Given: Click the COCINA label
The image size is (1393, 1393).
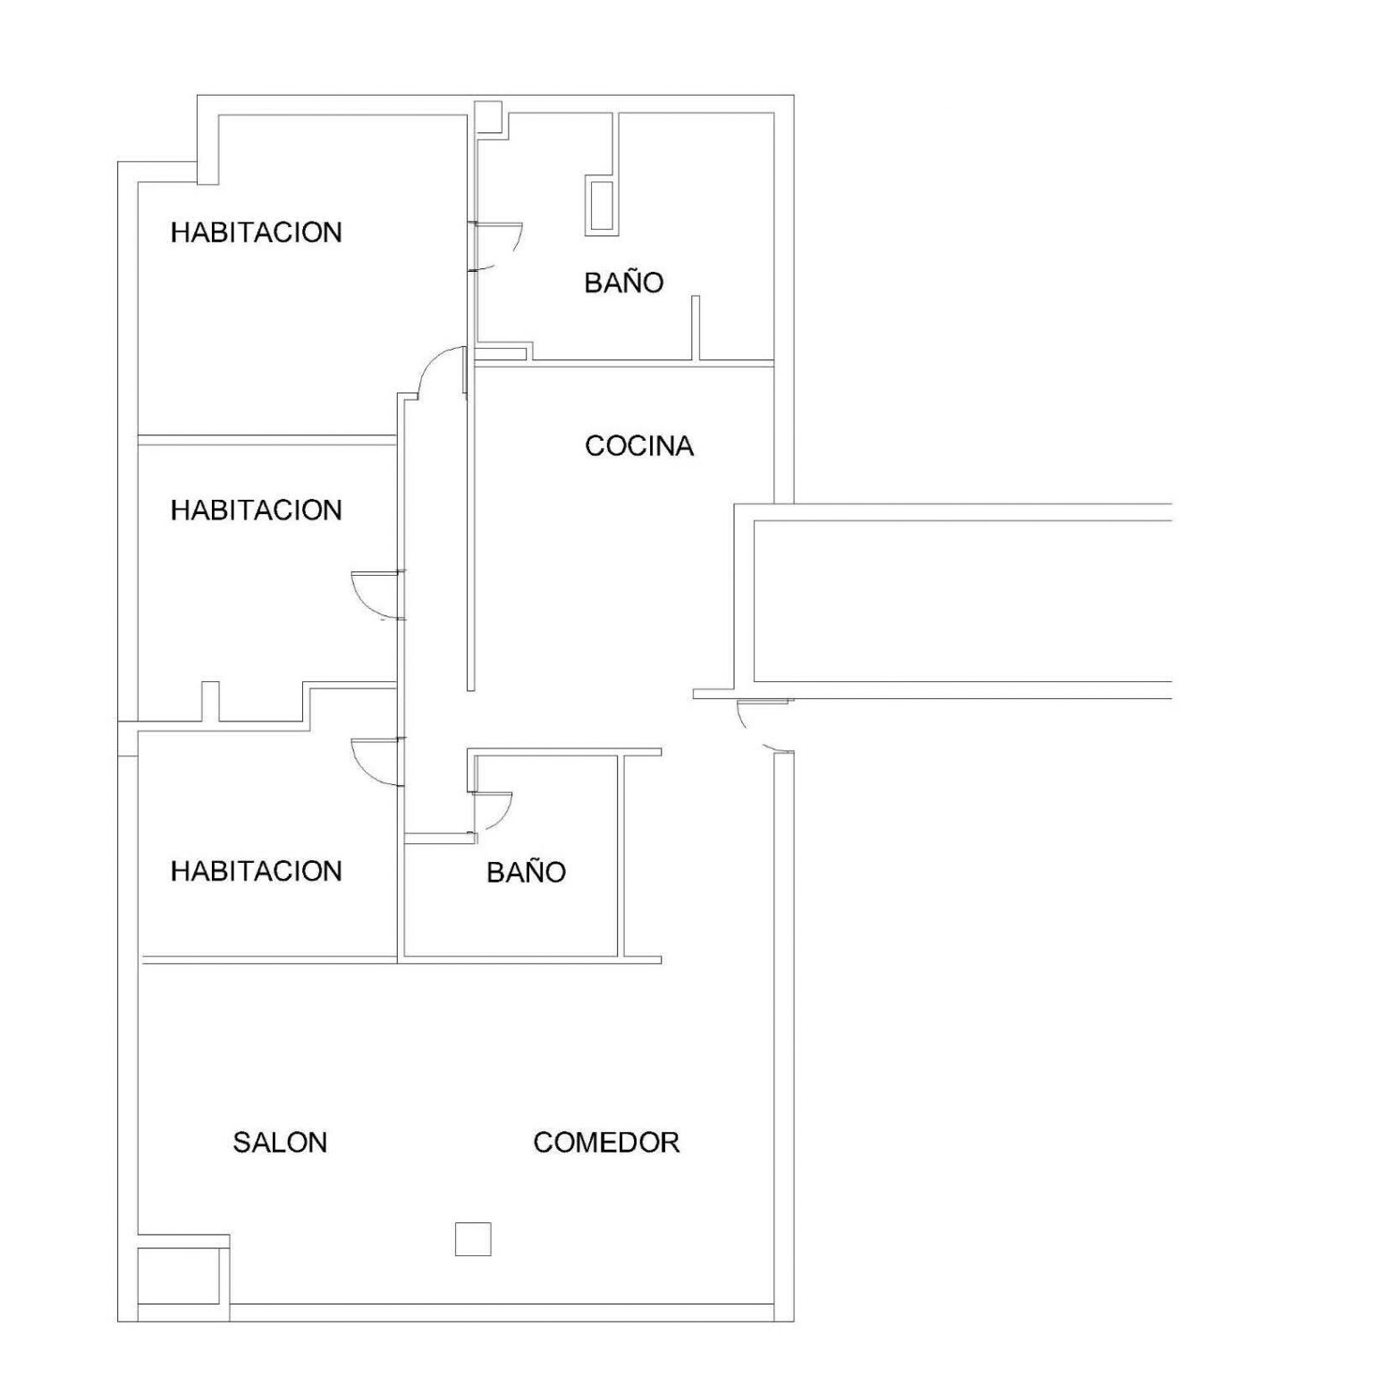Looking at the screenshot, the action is pos(639,445).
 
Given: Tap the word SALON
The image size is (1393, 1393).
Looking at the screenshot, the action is pos(280,1142).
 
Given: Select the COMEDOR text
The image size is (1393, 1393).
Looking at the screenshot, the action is pos(606,1142).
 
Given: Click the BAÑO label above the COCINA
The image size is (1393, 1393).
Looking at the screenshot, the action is pos(624,282).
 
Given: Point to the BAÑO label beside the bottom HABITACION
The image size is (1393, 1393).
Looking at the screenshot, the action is pos(526,871).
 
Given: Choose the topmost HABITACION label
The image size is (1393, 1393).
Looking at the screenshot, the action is pos(257,232).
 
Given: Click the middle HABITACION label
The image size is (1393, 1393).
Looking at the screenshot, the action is pos(257,510).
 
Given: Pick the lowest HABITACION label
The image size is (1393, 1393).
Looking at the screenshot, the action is pos(257,871).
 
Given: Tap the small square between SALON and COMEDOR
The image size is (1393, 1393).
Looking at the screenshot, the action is pos(473,1238).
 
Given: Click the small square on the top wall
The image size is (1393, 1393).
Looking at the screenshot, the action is pos(488,116).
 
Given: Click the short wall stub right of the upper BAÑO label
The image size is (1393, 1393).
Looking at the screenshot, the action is pos(696,327).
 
